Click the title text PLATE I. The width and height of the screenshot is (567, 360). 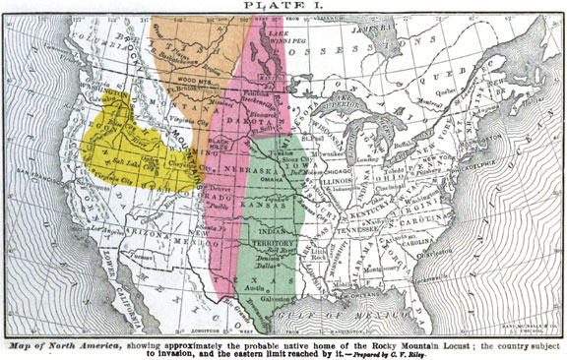pyautogui.click(x=283, y=7)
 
